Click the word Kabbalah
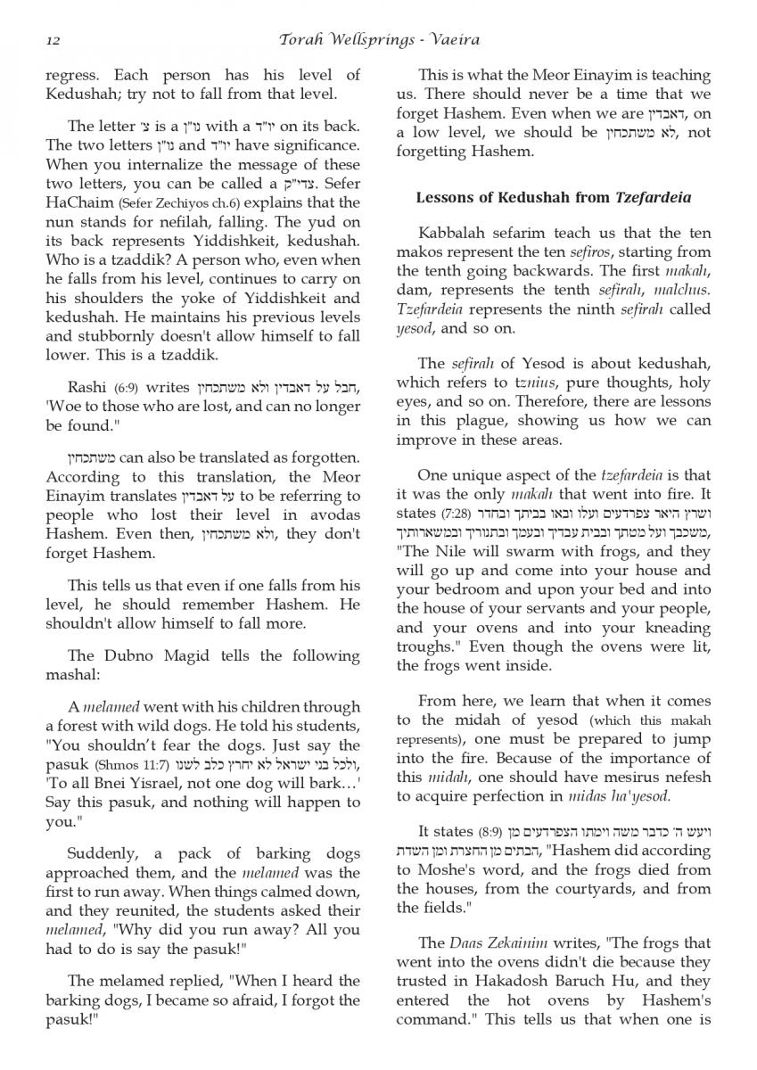(460, 235)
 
